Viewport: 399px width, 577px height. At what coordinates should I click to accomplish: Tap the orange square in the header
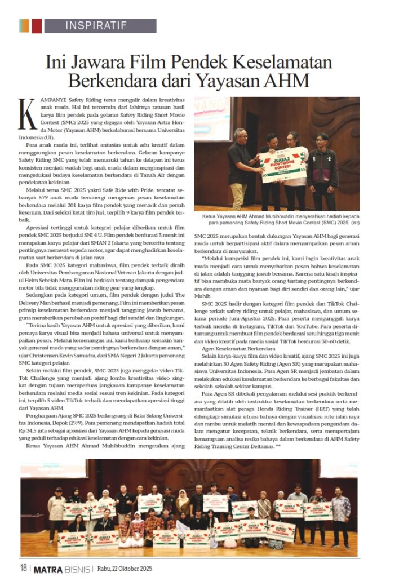pyautogui.click(x=24, y=26)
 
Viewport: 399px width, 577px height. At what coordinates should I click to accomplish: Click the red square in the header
pyautogui.click(x=37, y=26)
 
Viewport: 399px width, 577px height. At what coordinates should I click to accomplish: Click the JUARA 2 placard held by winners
pyautogui.click(x=285, y=163)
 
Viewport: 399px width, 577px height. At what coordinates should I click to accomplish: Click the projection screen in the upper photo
pyautogui.click(x=212, y=118)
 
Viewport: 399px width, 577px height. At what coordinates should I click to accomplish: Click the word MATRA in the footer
pyautogui.click(x=51, y=568)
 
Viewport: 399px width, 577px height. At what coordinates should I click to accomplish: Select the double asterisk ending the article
pyautogui.click(x=277, y=447)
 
